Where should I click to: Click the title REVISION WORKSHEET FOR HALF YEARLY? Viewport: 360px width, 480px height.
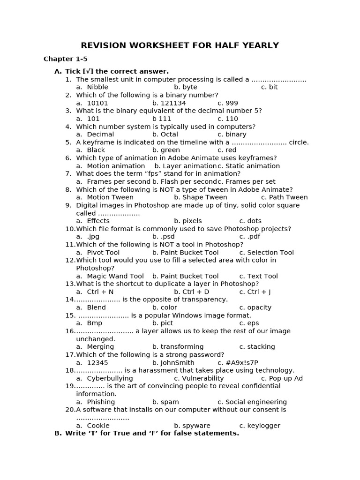point(180,45)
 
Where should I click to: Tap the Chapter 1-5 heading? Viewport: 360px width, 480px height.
point(66,59)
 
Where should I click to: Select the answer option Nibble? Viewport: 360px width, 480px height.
point(97,87)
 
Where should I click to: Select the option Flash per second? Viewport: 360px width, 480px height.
point(185,181)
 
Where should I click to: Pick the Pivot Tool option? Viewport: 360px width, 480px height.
point(103,253)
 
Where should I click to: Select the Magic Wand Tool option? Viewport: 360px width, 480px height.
point(115,276)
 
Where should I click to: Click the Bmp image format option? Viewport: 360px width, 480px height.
point(94,323)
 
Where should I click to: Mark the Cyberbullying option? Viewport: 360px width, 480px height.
point(110,378)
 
